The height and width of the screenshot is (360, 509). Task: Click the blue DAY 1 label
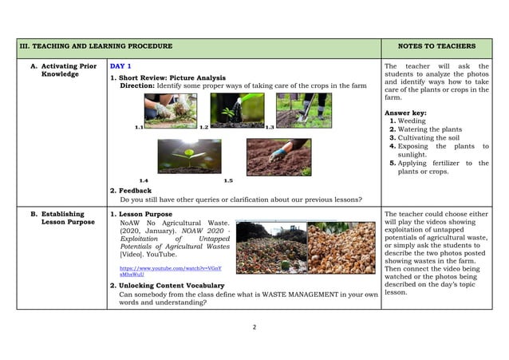click(x=120, y=65)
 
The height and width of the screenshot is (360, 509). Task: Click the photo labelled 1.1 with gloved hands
click(x=171, y=111)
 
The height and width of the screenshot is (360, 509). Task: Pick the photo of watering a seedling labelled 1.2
click(x=237, y=110)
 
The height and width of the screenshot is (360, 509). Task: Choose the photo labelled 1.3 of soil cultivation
click(x=304, y=110)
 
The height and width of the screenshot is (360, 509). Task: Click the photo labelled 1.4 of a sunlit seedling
click(x=190, y=156)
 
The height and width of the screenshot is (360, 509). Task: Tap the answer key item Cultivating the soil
click(x=433, y=138)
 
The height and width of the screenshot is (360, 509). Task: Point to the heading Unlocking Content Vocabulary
click(x=171, y=285)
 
